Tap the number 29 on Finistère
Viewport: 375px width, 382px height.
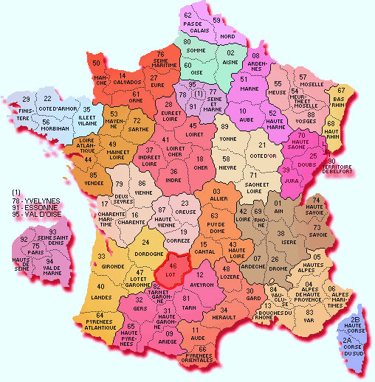click(x=26, y=99)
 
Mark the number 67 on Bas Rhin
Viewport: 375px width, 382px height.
click(x=341, y=90)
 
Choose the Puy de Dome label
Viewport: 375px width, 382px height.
click(x=215, y=223)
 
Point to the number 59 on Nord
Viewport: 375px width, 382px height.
click(x=217, y=19)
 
